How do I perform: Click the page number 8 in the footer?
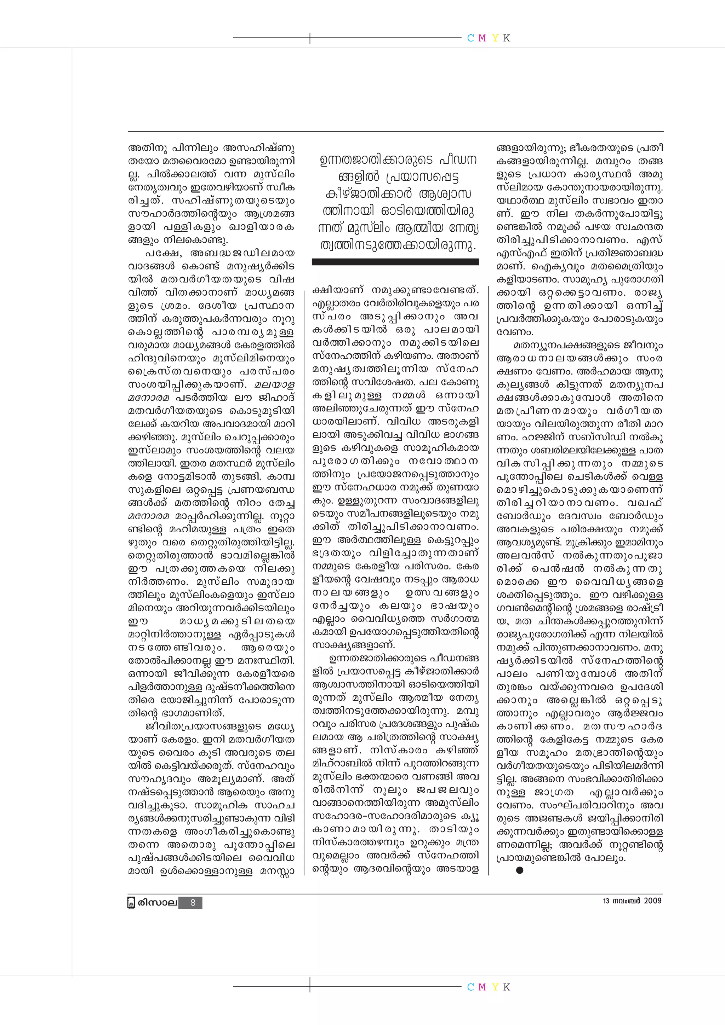click(193, 903)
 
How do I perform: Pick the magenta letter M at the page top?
click(482, 39)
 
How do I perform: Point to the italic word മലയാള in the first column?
click(274, 384)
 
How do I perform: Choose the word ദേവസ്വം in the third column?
click(580, 516)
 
